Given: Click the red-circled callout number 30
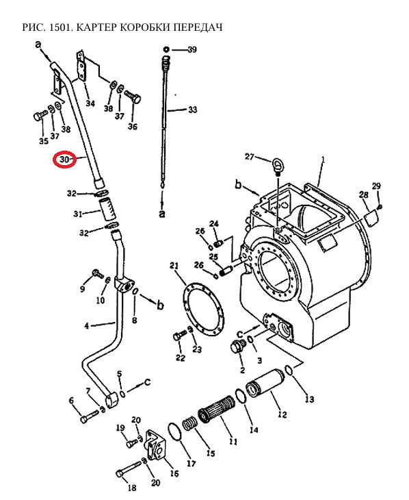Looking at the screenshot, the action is click(64, 159).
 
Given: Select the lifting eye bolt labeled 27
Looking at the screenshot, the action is click(277, 166).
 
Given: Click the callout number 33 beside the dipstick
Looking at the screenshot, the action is click(193, 110).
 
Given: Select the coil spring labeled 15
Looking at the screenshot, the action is click(190, 424).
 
